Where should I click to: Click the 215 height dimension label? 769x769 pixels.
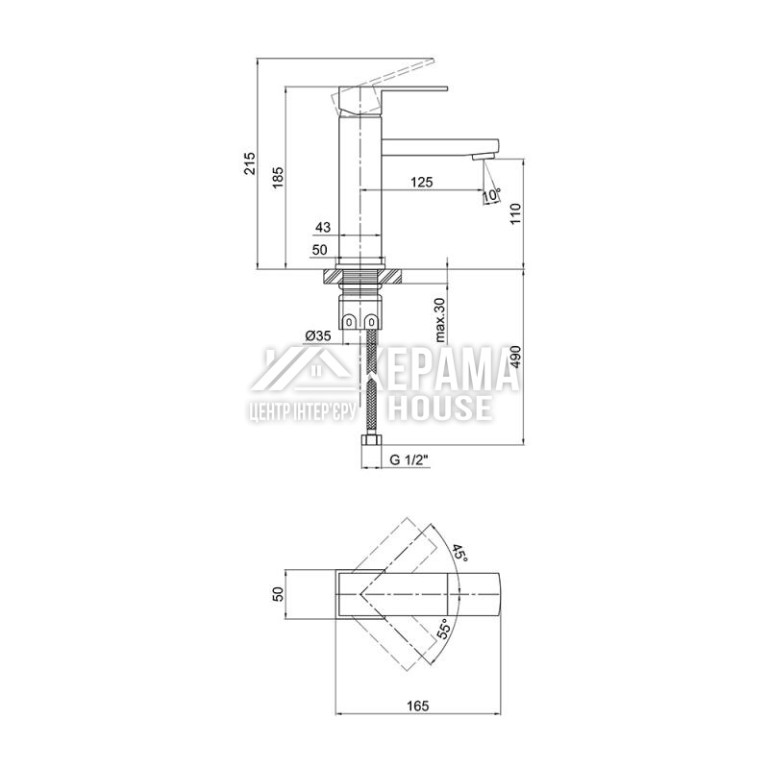tap(250, 163)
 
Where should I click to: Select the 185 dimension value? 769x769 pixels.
tap(278, 178)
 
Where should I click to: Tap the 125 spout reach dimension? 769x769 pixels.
tap(422, 182)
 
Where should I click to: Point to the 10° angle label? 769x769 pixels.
tap(492, 195)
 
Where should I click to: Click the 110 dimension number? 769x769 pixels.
tap(515, 213)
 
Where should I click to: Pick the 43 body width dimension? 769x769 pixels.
tap(323, 227)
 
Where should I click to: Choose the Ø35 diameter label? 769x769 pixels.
tap(318, 335)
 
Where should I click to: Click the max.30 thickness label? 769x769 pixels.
tap(440, 319)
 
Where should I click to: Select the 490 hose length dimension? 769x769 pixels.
tap(515, 357)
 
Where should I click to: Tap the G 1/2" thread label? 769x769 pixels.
tap(409, 460)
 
